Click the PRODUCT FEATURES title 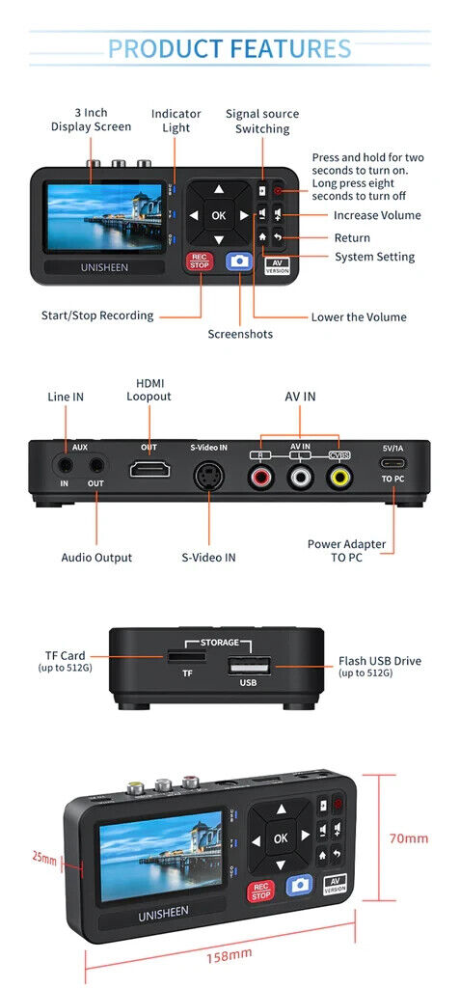[230, 48]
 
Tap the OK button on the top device [219, 215]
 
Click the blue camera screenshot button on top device [237, 261]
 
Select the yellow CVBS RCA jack [338, 475]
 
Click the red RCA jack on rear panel [260, 475]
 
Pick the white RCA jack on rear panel [300, 475]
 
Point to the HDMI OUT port [150, 470]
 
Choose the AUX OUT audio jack [96, 464]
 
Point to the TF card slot [179, 657]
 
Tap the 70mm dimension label [409, 838]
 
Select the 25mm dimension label [42, 856]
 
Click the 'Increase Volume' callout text [377, 215]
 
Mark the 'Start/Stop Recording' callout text [97, 315]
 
